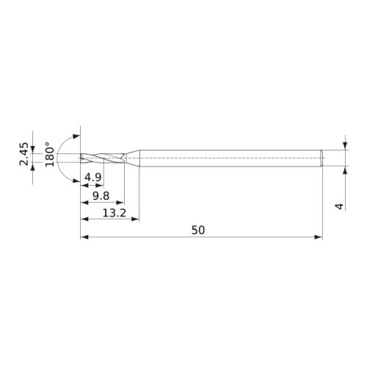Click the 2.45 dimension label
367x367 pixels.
(24, 154)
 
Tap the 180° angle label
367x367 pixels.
(50, 154)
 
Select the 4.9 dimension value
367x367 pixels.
(92, 177)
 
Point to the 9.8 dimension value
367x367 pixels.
(101, 196)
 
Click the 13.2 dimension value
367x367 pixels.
(115, 213)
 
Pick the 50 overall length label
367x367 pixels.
(198, 230)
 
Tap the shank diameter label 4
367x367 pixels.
(339, 206)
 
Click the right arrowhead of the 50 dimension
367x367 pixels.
(319, 237)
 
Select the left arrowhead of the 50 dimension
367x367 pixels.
(84, 237)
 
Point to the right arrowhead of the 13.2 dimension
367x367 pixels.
(135, 219)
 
